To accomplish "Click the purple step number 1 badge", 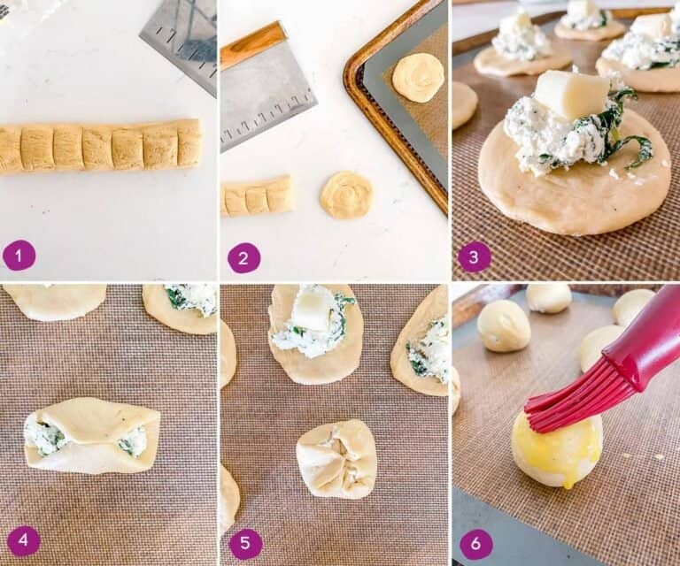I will coord(19,256).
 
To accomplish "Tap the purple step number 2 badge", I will coord(244,257).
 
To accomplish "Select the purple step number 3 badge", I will coord(475,257).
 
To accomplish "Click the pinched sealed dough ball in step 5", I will coord(336,458).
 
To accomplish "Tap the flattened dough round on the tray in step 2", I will coord(418,77).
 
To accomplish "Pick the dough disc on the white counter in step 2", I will coord(346,195).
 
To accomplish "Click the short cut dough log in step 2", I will coord(257,196).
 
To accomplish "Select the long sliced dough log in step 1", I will coord(99,146).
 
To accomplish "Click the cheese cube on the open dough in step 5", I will coord(312,310).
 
